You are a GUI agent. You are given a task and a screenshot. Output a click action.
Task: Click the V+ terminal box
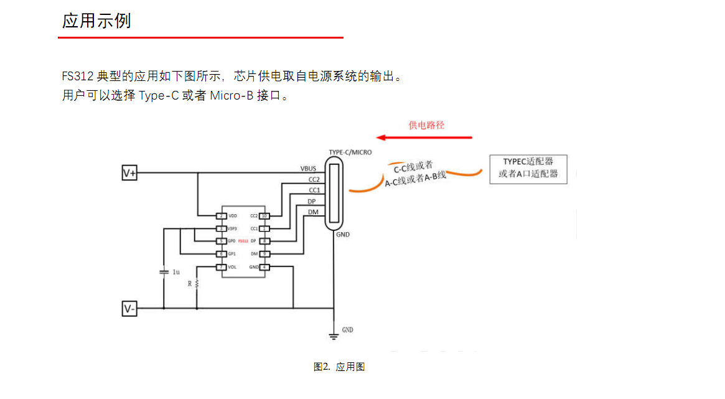coord(129,173)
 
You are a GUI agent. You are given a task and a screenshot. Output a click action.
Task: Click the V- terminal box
coord(129,308)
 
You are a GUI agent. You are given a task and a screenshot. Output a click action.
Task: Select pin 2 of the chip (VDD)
coord(220,216)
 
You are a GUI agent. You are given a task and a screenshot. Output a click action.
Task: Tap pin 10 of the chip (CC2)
coord(264,216)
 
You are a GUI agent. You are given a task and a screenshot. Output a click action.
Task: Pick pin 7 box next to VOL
coord(220,267)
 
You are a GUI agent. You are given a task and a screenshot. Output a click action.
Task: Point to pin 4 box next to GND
coord(264,267)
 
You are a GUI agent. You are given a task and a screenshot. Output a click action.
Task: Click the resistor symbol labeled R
coord(197,284)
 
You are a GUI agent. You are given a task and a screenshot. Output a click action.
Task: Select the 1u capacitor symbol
coord(164,272)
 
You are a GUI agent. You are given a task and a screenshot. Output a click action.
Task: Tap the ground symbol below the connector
coord(334,337)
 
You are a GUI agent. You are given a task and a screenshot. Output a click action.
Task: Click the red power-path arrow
coord(426,137)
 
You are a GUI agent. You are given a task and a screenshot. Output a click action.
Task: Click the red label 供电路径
coord(426,125)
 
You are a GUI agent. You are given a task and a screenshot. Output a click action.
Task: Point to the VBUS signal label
coord(309,169)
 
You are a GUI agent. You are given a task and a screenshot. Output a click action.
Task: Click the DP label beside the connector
coord(311,201)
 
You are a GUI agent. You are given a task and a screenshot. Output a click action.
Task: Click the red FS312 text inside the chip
coord(243,241)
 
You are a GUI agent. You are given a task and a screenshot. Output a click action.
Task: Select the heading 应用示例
coord(96,21)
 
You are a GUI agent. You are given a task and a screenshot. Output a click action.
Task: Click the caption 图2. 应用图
coord(339,367)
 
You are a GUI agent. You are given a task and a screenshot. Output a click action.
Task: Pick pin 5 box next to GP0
coord(220,241)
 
